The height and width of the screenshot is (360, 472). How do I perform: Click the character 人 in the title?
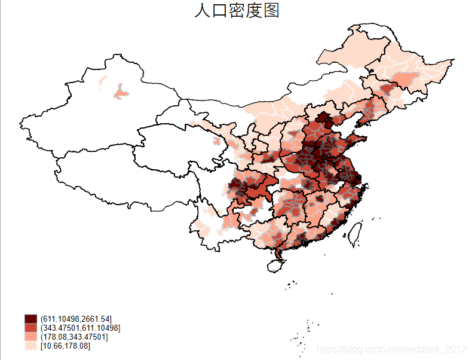pyautogui.click(x=203, y=11)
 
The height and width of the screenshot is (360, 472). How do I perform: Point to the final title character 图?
pyautogui.click(x=272, y=11)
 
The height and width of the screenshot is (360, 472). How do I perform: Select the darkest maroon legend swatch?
pyautogui.click(x=31, y=318)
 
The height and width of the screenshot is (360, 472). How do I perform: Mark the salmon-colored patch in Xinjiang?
pyautogui.click(x=121, y=93)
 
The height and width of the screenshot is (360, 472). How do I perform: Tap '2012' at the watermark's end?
pyautogui.click(x=456, y=348)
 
